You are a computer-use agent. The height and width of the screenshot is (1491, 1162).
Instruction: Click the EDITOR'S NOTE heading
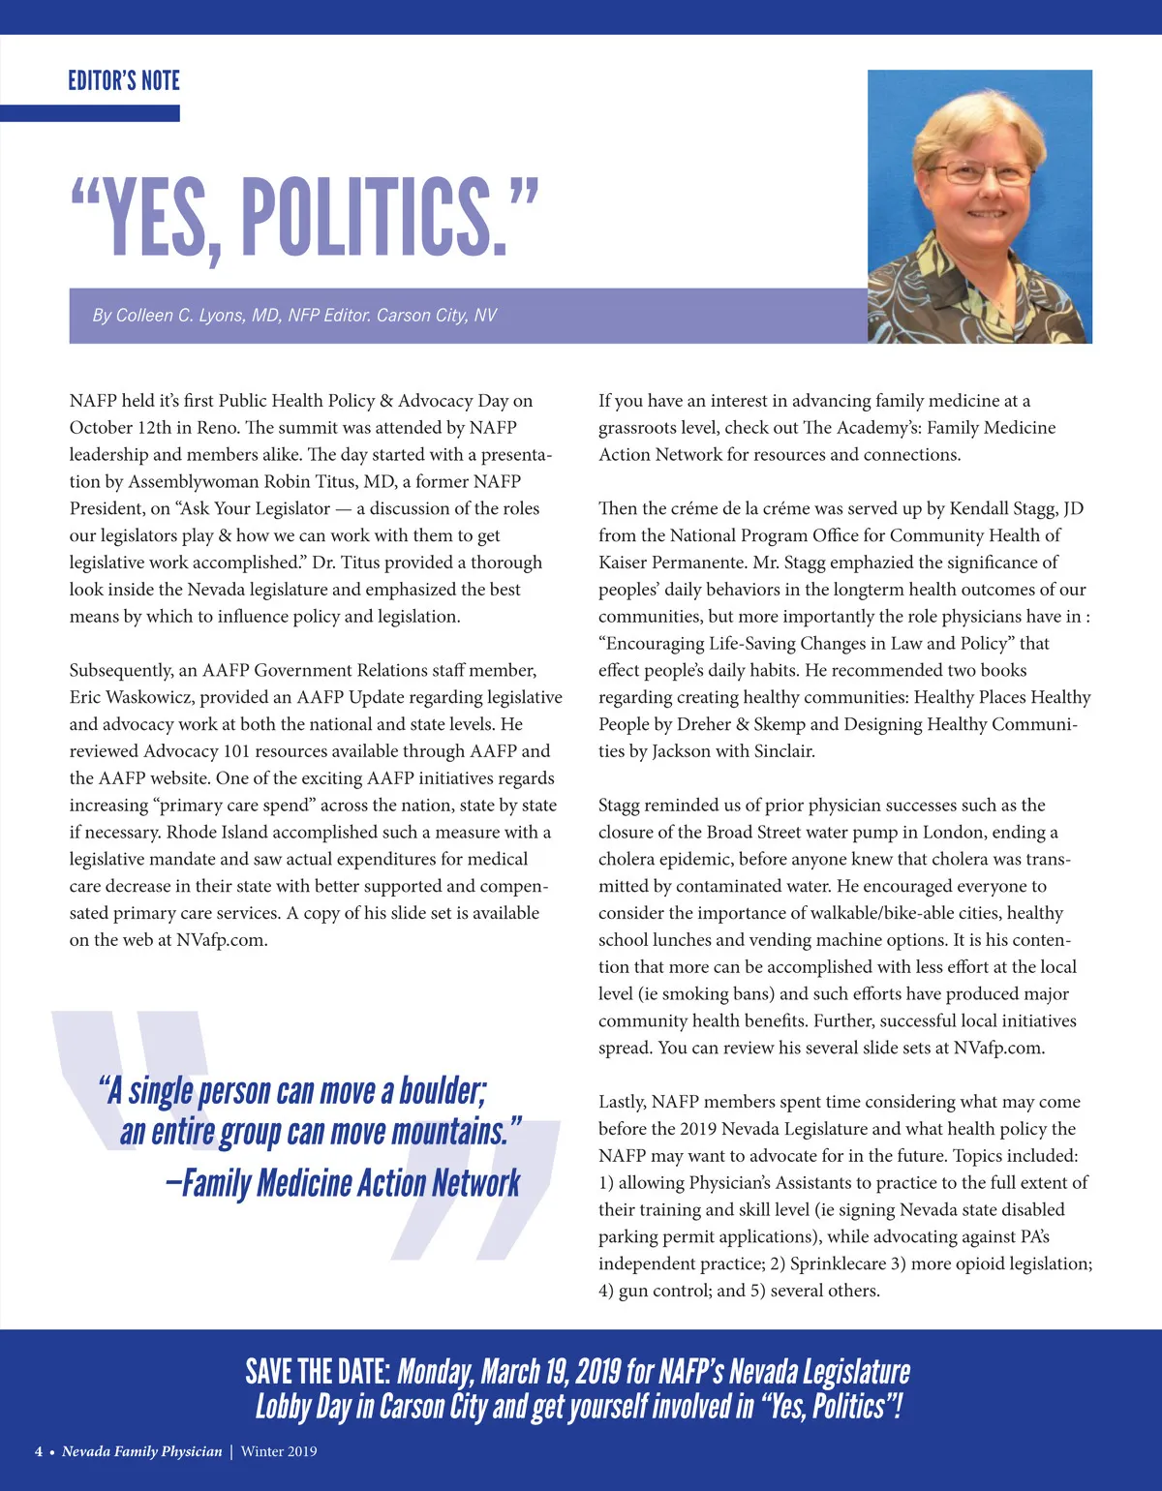tap(124, 80)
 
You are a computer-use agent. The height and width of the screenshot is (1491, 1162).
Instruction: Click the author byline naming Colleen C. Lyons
tap(294, 316)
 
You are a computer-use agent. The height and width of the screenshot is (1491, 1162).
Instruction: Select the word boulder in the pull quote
tap(442, 1091)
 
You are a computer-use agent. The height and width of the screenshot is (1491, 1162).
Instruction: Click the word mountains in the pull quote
tap(449, 1132)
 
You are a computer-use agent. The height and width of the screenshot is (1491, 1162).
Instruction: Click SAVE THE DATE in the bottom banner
tap(318, 1371)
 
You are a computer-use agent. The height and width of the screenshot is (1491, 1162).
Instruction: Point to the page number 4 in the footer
tap(39, 1451)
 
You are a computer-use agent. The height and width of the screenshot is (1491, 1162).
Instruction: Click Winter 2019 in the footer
tap(279, 1451)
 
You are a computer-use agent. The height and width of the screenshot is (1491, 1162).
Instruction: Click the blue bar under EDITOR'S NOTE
tap(90, 113)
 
